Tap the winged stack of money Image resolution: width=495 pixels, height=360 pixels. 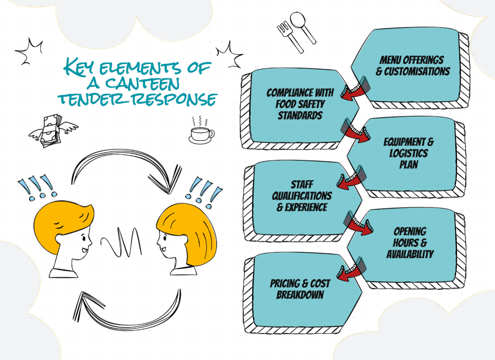pos(52,131)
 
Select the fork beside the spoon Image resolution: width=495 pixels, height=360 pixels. pos(290,37)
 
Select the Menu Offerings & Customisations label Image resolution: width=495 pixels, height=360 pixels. pos(412,65)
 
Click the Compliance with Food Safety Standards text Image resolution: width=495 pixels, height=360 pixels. pos(300,104)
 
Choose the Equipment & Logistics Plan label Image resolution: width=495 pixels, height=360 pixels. pos(408,153)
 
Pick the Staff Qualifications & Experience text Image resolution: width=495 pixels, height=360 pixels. pos(301,196)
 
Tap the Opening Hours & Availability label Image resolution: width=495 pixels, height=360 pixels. pos(410,243)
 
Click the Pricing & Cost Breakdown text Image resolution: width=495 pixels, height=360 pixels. pos(300,289)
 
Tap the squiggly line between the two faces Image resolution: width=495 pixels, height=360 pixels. pos(122,242)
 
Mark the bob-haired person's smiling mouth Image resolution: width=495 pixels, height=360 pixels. pos(163,248)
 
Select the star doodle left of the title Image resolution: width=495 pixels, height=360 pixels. pos(29,51)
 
